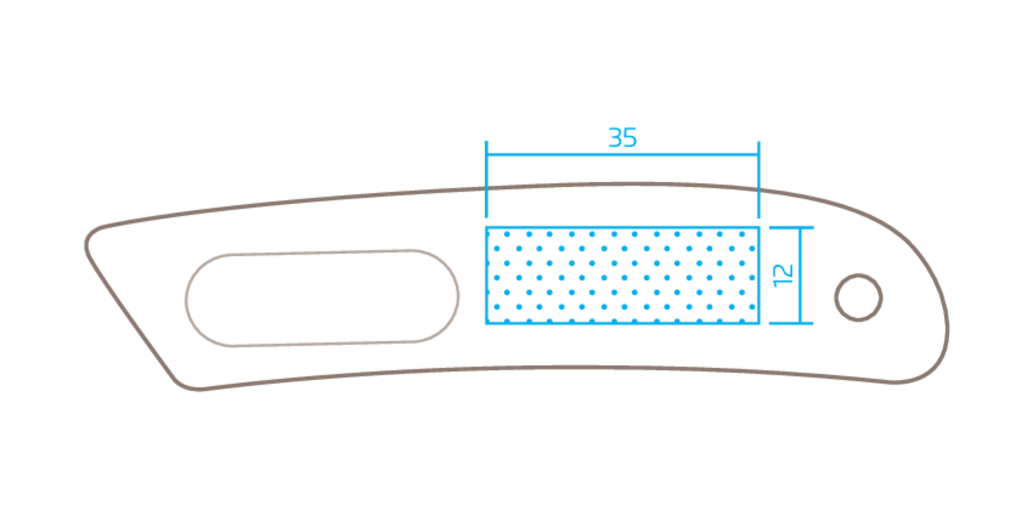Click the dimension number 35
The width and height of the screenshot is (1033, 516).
623,138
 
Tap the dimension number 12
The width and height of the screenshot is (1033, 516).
782,275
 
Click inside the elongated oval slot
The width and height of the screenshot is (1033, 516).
322,298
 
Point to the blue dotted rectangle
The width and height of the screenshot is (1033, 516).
623,276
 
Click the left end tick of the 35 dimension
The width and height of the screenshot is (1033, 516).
487,179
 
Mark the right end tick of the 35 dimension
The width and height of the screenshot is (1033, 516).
759,179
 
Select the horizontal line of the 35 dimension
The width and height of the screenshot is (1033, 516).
623,155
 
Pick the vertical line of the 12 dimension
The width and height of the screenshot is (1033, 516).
800,276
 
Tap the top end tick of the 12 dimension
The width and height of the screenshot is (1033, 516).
792,228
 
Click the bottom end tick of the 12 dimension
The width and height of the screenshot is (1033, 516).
792,323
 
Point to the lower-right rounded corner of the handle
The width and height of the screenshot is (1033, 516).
924,373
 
